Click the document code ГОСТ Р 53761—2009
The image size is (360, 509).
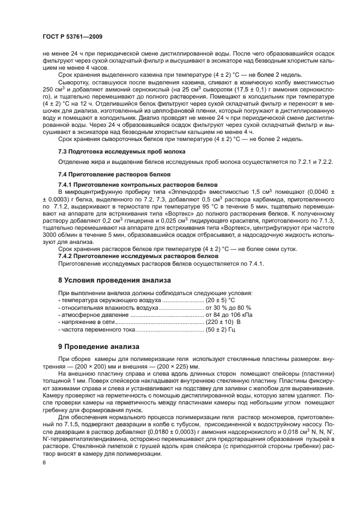click(72, 36)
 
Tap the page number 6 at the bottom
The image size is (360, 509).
click(44, 462)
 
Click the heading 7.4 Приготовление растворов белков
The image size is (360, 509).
click(108, 174)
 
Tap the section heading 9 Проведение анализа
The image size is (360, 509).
click(99, 347)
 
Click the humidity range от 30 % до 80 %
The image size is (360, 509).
click(231, 308)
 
